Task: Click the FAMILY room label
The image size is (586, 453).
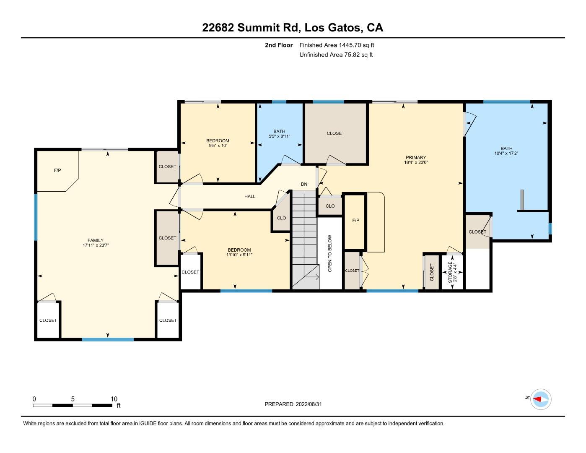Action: tap(96, 240)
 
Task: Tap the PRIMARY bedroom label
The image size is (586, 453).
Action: tap(416, 157)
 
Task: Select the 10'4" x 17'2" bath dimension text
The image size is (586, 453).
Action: tap(506, 153)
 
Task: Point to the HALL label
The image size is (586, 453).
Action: tap(250, 196)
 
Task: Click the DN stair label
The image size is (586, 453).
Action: tap(304, 184)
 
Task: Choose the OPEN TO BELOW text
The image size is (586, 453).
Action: tap(330, 253)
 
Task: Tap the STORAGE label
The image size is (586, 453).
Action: tap(450, 272)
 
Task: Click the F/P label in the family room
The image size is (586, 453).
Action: tap(57, 170)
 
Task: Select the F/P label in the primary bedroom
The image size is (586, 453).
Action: tap(356, 221)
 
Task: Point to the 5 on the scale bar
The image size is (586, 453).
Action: tap(73, 399)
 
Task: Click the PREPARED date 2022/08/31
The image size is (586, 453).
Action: tap(309, 404)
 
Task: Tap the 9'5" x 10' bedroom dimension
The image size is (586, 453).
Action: tap(218, 146)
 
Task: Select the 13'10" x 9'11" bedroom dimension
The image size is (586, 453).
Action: tap(239, 255)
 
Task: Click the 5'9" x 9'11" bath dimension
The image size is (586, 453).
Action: tap(280, 136)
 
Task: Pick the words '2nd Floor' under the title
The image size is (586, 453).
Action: tap(279, 45)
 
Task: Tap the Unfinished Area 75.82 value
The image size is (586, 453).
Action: tap(352, 55)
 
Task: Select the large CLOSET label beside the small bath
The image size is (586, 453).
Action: tap(335, 133)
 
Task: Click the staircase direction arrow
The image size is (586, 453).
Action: tap(312, 276)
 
